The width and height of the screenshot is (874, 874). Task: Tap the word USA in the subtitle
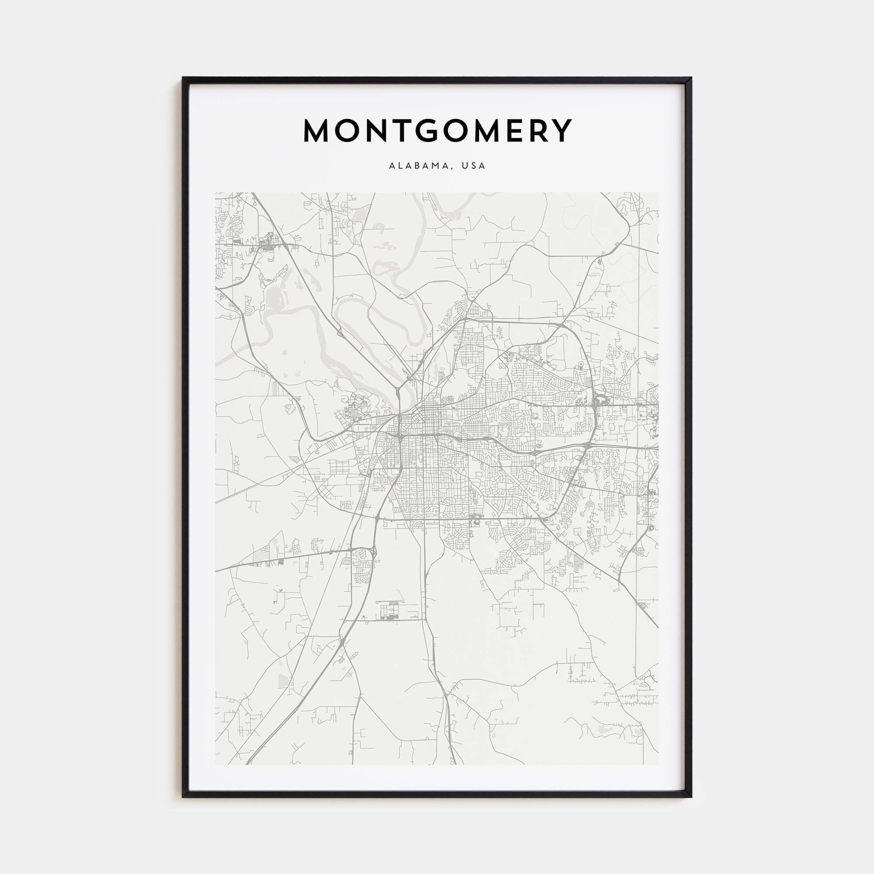[x=474, y=166]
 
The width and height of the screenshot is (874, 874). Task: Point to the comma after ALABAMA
[x=451, y=168]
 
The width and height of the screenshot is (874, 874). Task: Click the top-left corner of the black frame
[x=183, y=78]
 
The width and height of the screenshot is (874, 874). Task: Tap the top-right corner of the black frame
[x=691, y=78]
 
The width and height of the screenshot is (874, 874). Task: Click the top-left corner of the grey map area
[x=215, y=193]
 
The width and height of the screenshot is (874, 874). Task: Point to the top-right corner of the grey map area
[x=658, y=193]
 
